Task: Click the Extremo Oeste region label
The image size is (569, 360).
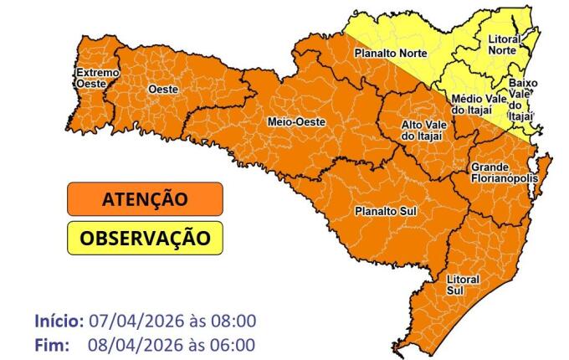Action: [x=98, y=78]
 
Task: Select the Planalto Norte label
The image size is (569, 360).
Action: [x=391, y=53]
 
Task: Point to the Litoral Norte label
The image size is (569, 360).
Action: [x=502, y=44]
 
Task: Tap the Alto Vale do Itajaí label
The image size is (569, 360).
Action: [x=423, y=130]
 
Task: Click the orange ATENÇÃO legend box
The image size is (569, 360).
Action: [x=145, y=199]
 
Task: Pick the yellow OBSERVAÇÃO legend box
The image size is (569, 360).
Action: [x=145, y=238]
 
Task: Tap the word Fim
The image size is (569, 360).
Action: [x=50, y=344]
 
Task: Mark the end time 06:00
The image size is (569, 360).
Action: [x=233, y=344]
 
